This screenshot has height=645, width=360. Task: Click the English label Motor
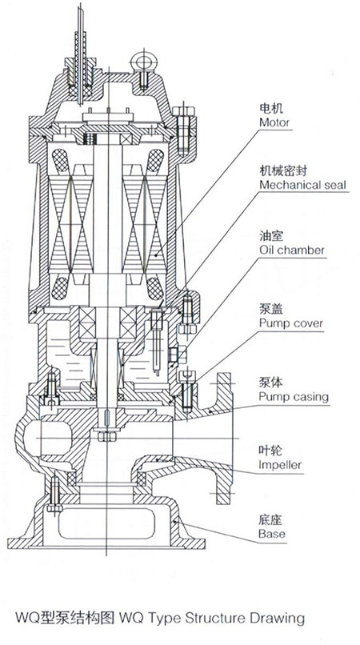[x=274, y=122]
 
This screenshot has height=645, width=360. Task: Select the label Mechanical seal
[x=303, y=185]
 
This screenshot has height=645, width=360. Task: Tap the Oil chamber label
[x=292, y=250]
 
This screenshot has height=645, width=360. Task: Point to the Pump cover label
[x=291, y=323]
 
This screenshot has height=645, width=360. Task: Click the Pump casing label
[x=294, y=398]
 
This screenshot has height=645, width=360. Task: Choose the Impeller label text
[x=280, y=465]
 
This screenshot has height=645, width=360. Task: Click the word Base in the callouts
[x=271, y=534]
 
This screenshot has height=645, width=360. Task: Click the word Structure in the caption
[x=213, y=618]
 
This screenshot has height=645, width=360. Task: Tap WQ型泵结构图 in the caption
[x=65, y=618]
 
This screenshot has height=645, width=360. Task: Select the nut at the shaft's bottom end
[x=107, y=435]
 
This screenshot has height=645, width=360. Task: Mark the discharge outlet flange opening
[x=225, y=439]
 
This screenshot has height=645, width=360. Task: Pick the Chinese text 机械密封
[x=282, y=170]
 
